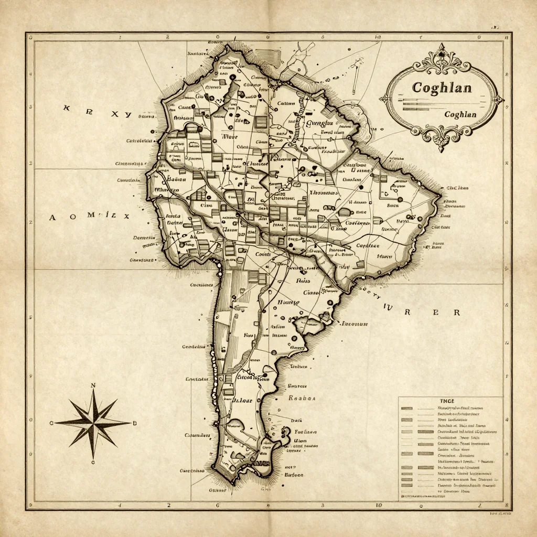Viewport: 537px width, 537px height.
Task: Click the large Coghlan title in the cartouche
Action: point(442,87)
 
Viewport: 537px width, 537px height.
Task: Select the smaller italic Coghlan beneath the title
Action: point(460,114)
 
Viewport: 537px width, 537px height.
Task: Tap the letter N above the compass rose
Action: point(93,386)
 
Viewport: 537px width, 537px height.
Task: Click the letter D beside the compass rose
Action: point(134,423)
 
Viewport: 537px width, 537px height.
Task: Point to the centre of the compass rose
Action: point(93,422)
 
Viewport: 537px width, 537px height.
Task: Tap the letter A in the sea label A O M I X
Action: point(52,217)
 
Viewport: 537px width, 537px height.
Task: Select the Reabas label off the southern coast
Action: point(302,398)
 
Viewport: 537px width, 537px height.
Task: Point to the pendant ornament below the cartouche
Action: point(442,141)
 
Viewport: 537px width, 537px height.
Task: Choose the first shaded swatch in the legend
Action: point(407,408)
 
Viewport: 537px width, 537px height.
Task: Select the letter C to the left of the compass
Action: point(51,423)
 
